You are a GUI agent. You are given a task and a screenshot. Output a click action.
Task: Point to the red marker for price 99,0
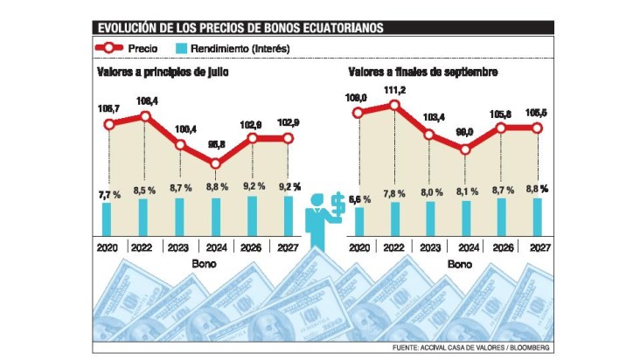click(465, 149)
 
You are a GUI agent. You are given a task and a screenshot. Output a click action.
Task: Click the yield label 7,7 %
click(108, 187)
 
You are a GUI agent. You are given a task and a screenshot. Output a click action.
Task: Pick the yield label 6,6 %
click(358, 199)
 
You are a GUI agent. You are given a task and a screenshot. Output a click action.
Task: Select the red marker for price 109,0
click(358, 114)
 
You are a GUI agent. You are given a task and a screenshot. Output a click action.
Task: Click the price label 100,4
click(181, 129)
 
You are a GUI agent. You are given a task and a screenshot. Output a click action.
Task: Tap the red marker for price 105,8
click(501, 128)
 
